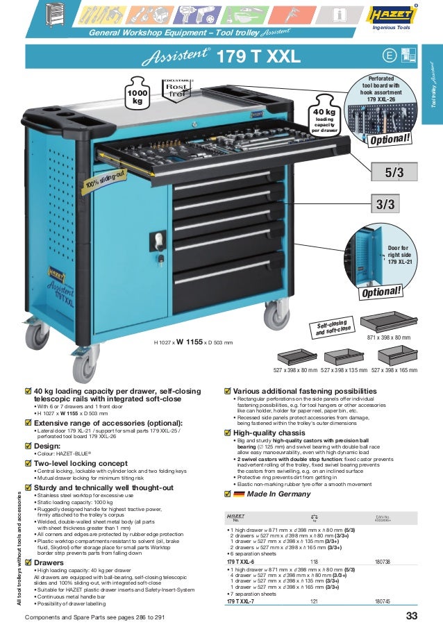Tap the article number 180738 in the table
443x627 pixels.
click(x=383, y=561)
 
